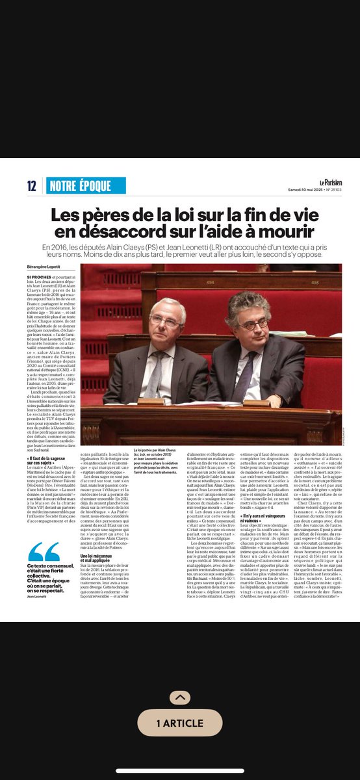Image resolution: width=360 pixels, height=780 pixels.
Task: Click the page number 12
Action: (x=32, y=186)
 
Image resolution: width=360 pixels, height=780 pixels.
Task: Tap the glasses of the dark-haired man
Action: (x=254, y=323)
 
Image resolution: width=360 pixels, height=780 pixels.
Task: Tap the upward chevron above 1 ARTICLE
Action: (x=179, y=697)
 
